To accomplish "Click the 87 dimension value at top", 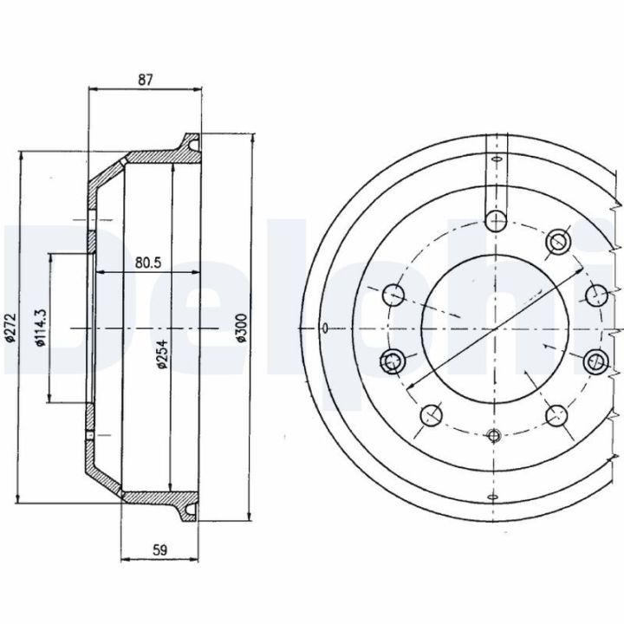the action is (x=146, y=80).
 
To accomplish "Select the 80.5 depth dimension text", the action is (x=148, y=263).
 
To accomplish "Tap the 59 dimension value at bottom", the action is (x=159, y=550).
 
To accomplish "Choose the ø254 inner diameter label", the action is (x=162, y=354).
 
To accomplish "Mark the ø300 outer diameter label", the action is (x=242, y=328).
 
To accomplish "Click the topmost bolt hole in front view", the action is (x=497, y=220).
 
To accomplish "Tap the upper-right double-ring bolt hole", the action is (x=558, y=241).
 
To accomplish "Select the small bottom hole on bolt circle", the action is (x=494, y=436).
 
